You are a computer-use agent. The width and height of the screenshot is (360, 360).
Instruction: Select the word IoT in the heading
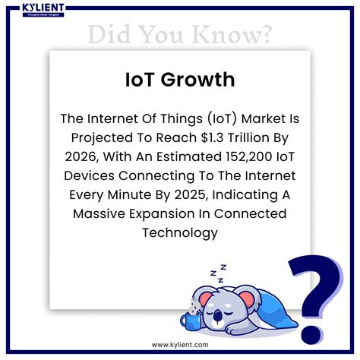pyautogui.click(x=144, y=80)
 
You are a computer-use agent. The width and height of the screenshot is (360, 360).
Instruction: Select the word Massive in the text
pyautogui.click(x=103, y=213)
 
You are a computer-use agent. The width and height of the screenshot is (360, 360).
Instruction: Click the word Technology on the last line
pyautogui.click(x=180, y=232)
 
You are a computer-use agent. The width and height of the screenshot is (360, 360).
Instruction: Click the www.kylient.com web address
pyautogui.click(x=180, y=345)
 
